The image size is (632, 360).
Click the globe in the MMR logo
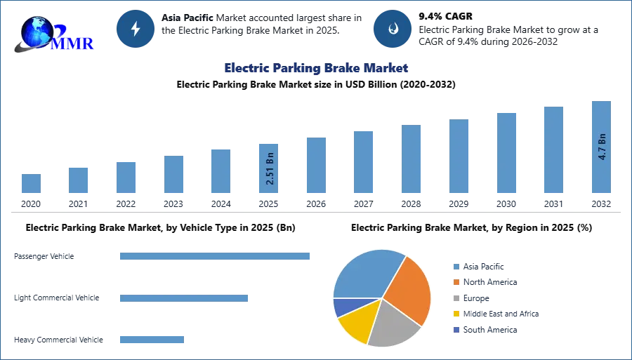37,31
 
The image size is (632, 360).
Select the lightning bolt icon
136,29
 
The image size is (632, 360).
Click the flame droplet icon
393,29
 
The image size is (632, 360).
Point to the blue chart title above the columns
317,68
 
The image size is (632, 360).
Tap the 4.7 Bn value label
601,146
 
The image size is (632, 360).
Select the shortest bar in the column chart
31,185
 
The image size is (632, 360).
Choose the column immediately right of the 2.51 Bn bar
315,165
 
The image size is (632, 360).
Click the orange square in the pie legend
456,282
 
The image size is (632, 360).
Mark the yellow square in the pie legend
456,314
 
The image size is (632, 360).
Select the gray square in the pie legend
456,298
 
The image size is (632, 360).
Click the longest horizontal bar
216,258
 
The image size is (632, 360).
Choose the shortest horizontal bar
151,340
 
